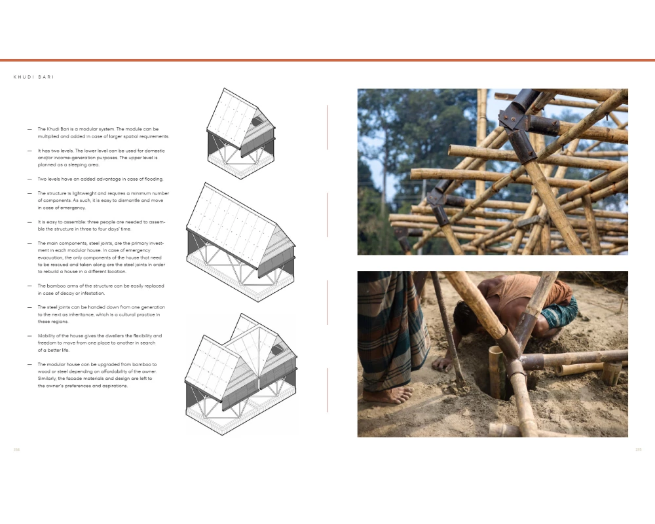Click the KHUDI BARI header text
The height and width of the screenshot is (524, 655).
(x=33, y=77)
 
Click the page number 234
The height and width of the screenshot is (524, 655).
(x=17, y=449)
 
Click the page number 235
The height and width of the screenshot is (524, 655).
(x=638, y=449)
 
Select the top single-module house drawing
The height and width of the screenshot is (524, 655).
(x=240, y=134)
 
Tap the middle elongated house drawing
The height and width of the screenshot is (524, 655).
(x=240, y=242)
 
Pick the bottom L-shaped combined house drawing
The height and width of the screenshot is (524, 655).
(x=241, y=375)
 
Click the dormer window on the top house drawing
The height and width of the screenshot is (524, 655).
(x=257, y=121)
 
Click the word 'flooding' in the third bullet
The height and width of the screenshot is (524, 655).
(x=153, y=179)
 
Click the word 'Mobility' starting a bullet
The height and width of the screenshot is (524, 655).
(x=46, y=336)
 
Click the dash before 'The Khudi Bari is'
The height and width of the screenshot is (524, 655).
(x=29, y=129)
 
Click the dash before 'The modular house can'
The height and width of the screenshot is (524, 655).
(x=29, y=364)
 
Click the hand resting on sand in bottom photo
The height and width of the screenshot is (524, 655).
(x=443, y=364)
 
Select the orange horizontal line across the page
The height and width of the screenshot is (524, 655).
(x=327, y=60)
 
